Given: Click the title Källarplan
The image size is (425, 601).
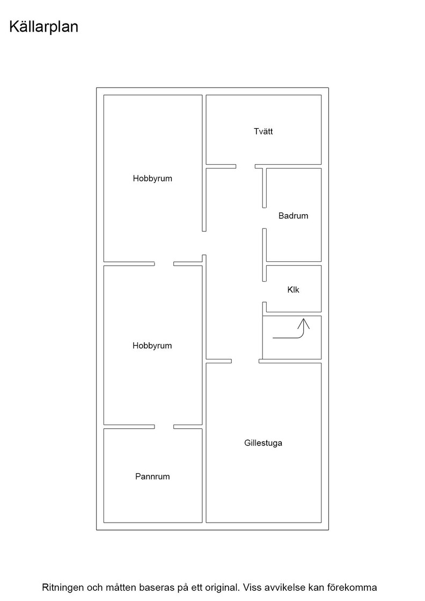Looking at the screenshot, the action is coord(43,27).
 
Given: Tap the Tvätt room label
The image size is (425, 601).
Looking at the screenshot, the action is coord(263,131).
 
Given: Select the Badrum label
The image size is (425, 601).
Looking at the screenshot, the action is coord(293,216).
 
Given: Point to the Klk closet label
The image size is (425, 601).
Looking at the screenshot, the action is coord(293,290).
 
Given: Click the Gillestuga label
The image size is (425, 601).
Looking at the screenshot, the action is coord(263,443).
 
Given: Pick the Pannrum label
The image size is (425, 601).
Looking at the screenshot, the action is coord(152,477).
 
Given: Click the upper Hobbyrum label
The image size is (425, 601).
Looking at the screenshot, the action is coord(152,179).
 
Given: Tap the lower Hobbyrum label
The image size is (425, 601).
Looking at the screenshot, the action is coord(152,346).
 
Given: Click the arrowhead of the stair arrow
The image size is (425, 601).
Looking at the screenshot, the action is coord(304,323).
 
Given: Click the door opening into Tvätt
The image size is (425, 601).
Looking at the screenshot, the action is coord(246,166).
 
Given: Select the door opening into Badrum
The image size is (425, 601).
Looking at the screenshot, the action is coord(265,218).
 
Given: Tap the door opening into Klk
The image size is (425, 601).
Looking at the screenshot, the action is coord(265,292).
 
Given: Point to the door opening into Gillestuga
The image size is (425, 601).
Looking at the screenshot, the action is coord(245,361).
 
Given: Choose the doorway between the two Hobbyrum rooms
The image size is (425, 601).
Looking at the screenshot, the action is coord(164,263).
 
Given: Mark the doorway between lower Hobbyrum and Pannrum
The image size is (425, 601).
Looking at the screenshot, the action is coord(164,427).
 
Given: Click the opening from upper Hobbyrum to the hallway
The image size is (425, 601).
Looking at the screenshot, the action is coord(204,243).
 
